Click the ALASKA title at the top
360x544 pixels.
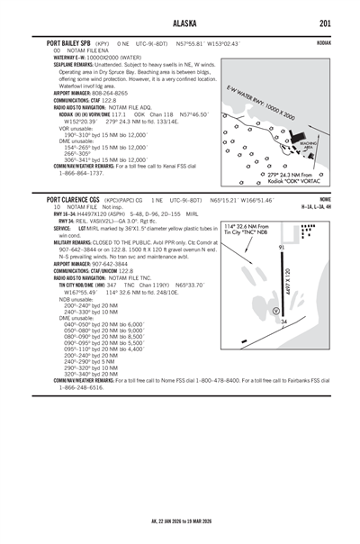tap(179, 24)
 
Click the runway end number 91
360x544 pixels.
tap(282, 247)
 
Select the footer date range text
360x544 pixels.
tap(180, 520)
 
